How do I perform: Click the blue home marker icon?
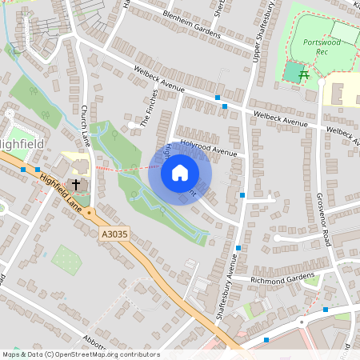click(179, 173)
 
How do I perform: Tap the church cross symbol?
click(77, 185)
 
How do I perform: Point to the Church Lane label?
click(84, 126)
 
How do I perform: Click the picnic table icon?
click(303, 76)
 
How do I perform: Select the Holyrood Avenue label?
click(210, 147)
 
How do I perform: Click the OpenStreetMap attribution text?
click(80, 354)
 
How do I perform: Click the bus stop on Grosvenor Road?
click(326, 309)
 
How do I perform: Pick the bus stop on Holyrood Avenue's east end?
click(242, 194)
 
